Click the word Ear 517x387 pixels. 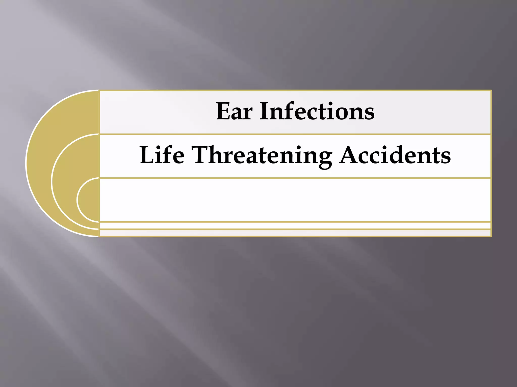234,111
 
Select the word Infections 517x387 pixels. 317,111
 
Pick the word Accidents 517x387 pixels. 395,155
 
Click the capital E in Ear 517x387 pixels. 223,111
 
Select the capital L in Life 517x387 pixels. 147,155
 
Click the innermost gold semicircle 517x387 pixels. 90,200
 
